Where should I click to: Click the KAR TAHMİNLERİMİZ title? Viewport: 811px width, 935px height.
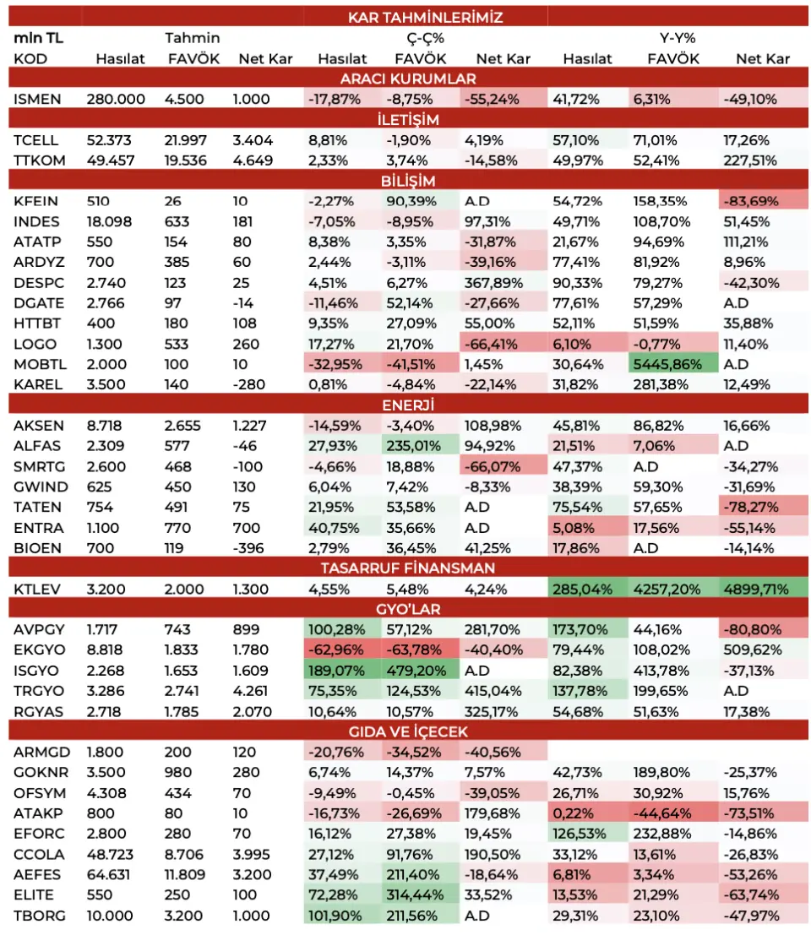tap(425, 17)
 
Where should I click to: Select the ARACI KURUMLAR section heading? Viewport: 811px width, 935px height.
tap(408, 79)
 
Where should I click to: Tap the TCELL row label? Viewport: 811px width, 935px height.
tap(35, 140)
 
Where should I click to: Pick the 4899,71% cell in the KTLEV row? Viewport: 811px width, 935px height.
tap(755, 590)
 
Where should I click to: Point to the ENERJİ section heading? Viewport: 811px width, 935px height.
tap(408, 405)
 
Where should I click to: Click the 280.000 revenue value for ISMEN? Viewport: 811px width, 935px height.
tap(116, 99)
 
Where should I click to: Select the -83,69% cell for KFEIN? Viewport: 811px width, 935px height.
tap(751, 201)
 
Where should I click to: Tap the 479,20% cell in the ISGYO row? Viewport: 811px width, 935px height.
tap(416, 671)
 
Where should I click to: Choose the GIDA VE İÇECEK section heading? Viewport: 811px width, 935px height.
tap(408, 731)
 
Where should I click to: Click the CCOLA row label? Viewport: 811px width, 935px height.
tap(39, 855)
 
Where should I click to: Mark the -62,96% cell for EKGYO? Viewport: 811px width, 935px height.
tap(335, 650)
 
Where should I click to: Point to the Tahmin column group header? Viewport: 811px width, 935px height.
tap(192, 38)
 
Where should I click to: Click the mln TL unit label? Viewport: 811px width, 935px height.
tap(38, 38)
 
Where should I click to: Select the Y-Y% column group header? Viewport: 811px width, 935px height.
tap(678, 38)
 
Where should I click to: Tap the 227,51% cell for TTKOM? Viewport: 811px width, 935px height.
tap(750, 160)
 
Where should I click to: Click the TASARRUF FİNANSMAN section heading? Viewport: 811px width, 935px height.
tap(408, 568)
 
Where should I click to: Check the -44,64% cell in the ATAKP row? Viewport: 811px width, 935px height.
tap(661, 813)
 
